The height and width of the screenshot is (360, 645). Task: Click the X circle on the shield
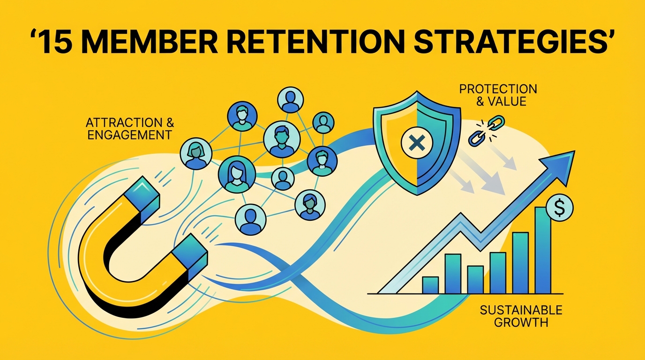[x=415, y=142]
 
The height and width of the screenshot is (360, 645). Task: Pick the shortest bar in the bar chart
[x=430, y=285]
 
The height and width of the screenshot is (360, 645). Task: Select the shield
[x=415, y=141]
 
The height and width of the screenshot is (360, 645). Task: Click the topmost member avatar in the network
[x=291, y=99]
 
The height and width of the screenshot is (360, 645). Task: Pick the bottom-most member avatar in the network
[x=250, y=219]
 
